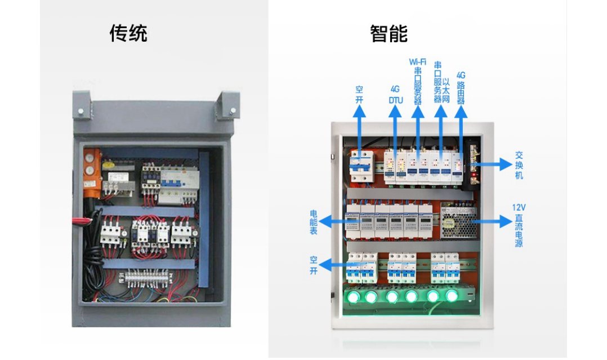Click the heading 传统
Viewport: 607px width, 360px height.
click(128, 34)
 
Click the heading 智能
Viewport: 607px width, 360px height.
click(389, 34)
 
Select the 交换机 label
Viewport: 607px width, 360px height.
click(519, 165)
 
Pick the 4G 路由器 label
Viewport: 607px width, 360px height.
click(461, 87)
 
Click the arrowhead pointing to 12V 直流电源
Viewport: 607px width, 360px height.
click(506, 221)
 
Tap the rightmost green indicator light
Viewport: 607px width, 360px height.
click(452, 295)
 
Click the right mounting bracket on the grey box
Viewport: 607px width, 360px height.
click(230, 104)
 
